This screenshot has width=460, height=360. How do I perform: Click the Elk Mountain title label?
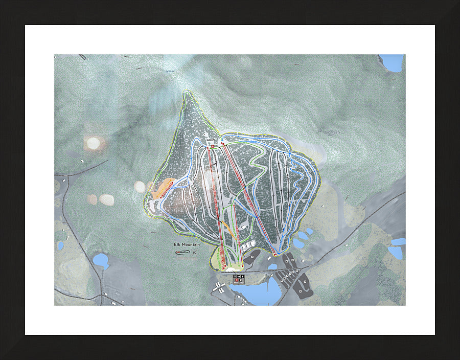(x=187, y=244)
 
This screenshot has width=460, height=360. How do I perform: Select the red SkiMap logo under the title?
(x=182, y=252)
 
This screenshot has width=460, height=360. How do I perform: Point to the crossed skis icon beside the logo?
(x=194, y=252)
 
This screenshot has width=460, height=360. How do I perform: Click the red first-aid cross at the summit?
(x=213, y=147)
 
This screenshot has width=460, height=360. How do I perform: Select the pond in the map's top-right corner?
(x=393, y=62)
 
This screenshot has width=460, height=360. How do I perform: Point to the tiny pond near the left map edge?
(x=60, y=246)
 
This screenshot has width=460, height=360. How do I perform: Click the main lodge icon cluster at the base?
(x=239, y=279)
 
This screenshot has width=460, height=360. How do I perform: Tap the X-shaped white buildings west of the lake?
(x=219, y=287)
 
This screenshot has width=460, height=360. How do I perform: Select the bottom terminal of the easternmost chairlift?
(x=275, y=254)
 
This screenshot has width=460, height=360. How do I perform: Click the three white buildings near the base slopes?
(x=248, y=246)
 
